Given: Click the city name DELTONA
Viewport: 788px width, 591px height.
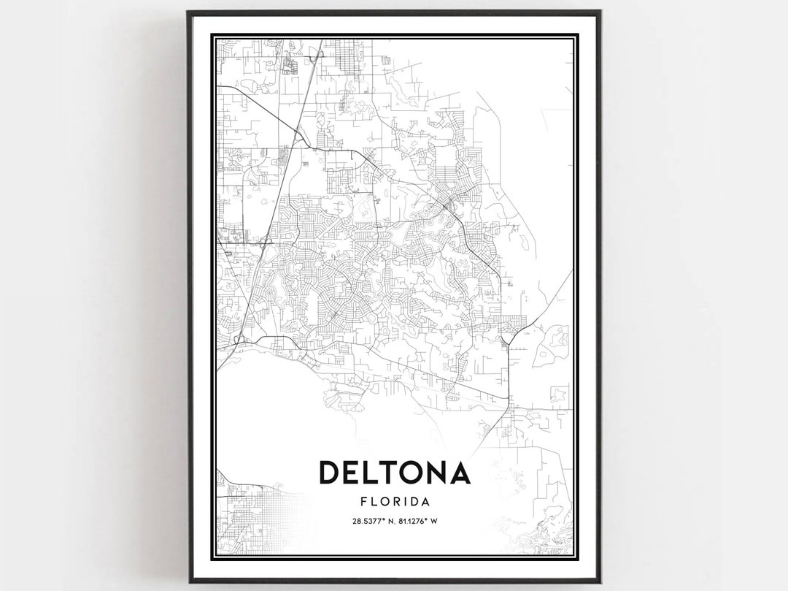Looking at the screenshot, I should [394, 473].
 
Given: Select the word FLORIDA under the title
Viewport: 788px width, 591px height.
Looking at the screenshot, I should [394, 502].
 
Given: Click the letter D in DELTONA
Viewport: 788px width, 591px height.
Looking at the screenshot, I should [331, 473].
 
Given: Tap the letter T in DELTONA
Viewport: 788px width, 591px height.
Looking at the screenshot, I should [384, 473].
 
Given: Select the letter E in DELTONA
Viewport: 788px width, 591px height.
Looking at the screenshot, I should [352, 473].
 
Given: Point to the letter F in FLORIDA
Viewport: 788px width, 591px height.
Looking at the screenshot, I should [363, 502].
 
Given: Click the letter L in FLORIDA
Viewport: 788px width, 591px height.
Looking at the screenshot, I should [372, 502].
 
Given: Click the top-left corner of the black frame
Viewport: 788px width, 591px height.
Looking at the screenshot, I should [188, 12].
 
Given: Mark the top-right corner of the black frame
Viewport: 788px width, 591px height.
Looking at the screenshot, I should [600, 12].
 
